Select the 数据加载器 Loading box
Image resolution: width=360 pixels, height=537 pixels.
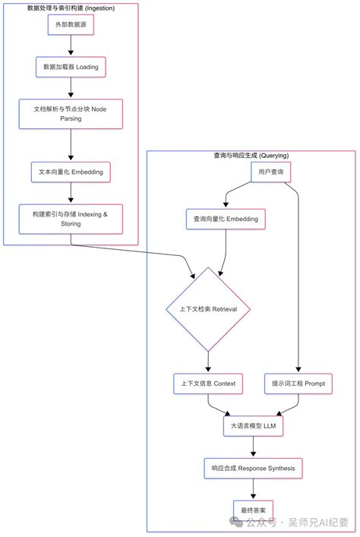coord(71,67)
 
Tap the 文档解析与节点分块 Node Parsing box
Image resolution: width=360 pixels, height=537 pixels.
coord(71,113)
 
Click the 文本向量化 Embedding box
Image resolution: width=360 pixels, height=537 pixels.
coord(71,172)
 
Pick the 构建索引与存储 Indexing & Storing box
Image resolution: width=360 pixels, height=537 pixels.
coord(71,219)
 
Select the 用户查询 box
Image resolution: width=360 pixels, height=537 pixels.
coord(271,172)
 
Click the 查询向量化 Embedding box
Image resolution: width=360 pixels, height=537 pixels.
coord(226,219)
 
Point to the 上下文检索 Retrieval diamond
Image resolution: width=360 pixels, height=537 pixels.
coord(208,309)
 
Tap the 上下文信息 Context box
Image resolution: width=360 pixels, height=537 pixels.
coord(208,384)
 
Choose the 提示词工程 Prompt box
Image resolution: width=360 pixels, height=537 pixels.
coord(298,384)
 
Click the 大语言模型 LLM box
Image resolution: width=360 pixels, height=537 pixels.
coord(253,426)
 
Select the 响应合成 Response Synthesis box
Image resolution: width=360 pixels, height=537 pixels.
coord(253,467)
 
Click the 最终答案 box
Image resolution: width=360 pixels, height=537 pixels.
coord(253,508)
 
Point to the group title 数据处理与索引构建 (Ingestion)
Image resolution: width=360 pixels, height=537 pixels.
coord(71,8)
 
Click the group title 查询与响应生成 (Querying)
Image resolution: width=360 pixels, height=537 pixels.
coord(251,156)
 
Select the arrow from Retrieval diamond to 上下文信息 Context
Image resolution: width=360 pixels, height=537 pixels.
coord(208,361)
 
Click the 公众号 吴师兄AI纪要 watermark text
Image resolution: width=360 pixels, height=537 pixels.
coord(296,523)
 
